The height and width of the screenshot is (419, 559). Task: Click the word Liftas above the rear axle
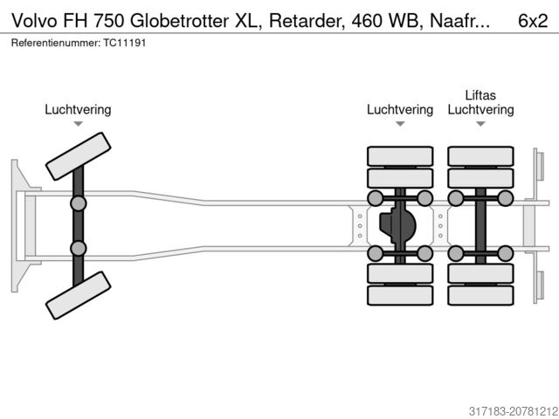[x=480, y=94]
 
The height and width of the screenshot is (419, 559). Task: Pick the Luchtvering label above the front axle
[x=78, y=110]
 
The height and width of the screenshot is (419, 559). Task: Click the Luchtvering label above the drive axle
[x=400, y=110]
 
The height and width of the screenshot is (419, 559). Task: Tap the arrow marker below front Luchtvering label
[x=78, y=125]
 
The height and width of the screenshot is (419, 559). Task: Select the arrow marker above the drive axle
[x=400, y=125]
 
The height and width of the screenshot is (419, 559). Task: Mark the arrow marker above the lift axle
[x=480, y=125]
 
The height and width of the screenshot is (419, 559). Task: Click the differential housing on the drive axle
[x=398, y=225]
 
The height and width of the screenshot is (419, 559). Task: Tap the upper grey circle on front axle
[x=78, y=204]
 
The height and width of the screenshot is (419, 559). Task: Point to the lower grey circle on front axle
[x=78, y=248]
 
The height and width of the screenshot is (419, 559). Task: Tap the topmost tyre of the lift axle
[x=480, y=155]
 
